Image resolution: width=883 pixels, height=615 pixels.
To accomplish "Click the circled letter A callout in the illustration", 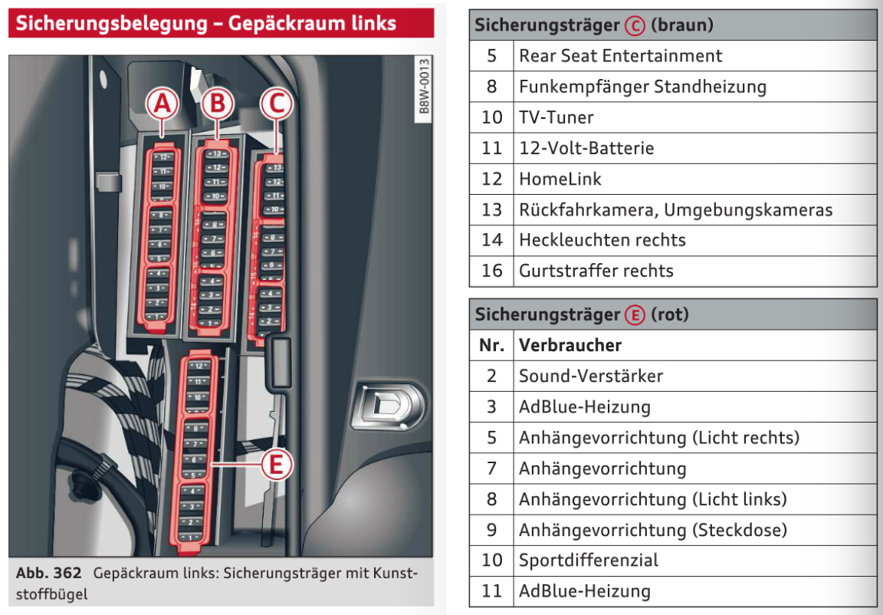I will coord(162,105).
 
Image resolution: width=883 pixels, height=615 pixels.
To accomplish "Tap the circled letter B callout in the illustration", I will coord(218,103).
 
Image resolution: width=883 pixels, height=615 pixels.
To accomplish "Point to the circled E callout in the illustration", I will coord(276,464).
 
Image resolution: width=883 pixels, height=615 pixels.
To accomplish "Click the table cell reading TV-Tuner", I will coord(556,117).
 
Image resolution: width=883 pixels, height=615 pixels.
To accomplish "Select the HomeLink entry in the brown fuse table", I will coord(560,179).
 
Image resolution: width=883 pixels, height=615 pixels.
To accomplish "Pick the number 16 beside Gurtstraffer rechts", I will coord(491,271).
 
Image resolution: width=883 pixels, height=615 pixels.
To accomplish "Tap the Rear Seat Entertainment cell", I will coord(620,56).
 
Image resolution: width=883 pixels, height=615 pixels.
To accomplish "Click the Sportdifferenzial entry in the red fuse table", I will coord(588,561).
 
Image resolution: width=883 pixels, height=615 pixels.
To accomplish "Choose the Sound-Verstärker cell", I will coord(590,377).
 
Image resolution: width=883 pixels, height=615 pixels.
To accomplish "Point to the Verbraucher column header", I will coord(570,345).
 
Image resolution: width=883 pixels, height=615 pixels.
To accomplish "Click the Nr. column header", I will coord(491,345).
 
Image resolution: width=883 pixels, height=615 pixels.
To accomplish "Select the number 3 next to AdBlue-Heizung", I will coord(491,407).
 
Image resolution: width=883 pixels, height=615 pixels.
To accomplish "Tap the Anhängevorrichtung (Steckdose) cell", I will coord(652,530).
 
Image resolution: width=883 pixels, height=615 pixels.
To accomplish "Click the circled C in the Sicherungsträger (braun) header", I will coord(635,26).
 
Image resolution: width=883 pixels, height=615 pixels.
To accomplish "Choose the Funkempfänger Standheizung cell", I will coord(642,87).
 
